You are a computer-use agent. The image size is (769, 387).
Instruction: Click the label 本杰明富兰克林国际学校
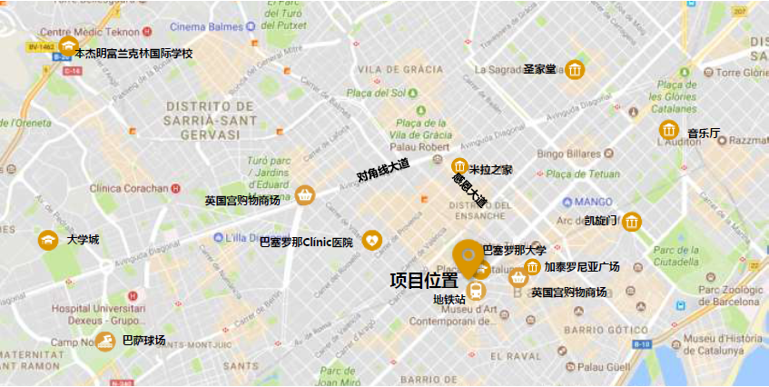point(133,54)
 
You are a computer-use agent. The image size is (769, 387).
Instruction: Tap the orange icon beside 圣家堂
point(575,69)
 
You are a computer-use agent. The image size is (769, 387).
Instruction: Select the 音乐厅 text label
point(703,134)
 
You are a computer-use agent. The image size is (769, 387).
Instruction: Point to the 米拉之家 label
point(490,169)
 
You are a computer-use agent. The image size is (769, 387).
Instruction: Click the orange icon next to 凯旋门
point(632,221)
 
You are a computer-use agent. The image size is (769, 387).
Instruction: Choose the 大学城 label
point(83,241)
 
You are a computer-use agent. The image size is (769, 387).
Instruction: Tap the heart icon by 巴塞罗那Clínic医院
point(372,241)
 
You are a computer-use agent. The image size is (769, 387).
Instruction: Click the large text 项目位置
point(424,280)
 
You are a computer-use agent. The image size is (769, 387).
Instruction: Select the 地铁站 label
point(449,298)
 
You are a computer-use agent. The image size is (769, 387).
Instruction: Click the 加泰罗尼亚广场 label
point(581,267)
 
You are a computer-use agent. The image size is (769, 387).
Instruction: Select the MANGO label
point(594,202)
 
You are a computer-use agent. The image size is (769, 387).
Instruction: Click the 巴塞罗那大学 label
point(514,250)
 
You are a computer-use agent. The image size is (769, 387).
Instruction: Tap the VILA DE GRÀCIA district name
point(400,70)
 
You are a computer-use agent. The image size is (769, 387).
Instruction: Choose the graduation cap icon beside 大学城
point(47,241)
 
